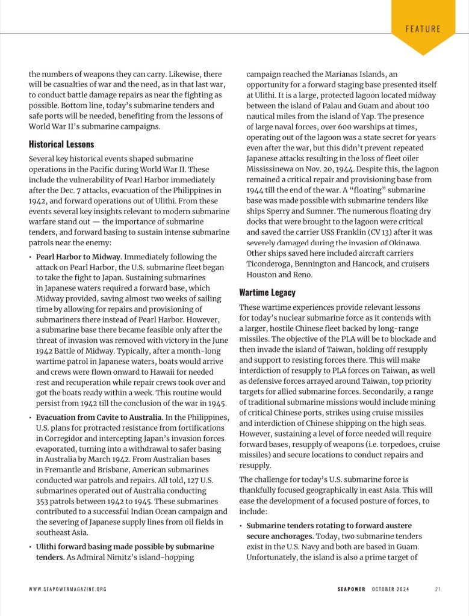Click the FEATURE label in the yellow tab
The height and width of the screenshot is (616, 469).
click(423, 29)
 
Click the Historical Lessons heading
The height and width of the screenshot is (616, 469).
click(61, 144)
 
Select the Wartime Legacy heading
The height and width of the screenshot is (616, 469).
click(267, 292)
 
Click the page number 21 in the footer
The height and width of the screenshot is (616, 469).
click(437, 589)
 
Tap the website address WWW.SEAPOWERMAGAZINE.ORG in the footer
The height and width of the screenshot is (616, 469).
click(67, 589)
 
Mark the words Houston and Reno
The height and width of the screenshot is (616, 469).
click(279, 274)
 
